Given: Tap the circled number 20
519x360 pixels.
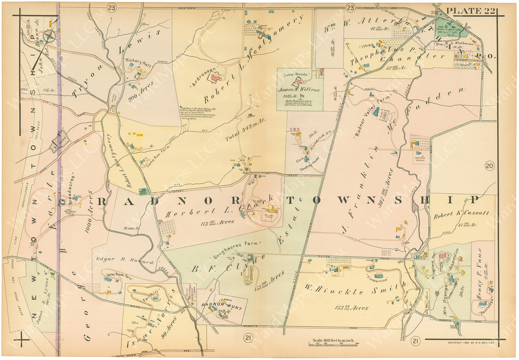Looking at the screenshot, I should pos(489,166).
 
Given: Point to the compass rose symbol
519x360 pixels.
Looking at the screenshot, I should pos(49,35).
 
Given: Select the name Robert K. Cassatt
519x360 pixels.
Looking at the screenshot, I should pos(461,212).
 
